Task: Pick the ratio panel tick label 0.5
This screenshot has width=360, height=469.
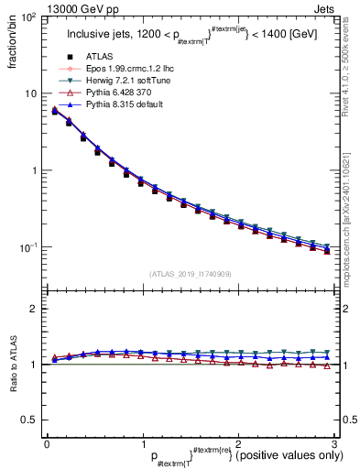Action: pyautogui.click(x=29, y=420)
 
